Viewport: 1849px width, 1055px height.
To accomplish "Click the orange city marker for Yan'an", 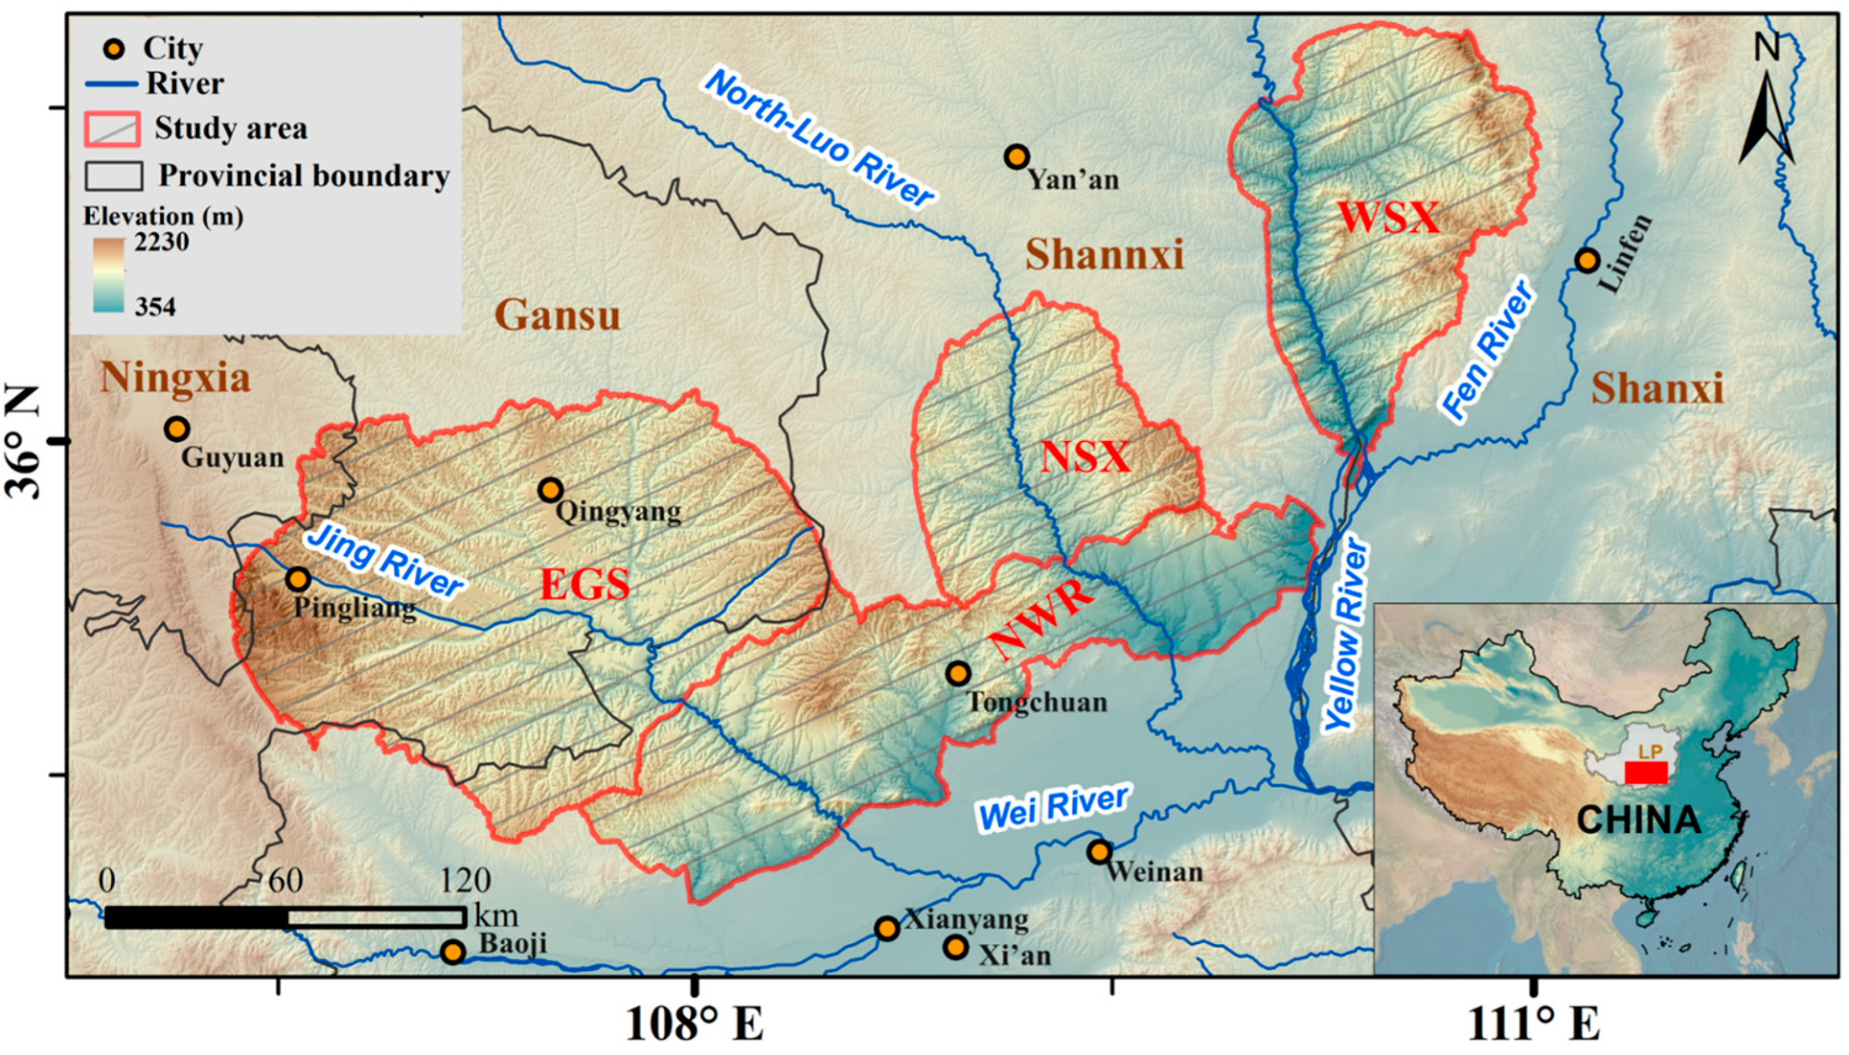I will tap(1017, 156).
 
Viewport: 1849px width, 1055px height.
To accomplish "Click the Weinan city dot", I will tap(1100, 851).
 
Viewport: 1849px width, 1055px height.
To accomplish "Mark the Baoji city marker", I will tap(453, 951).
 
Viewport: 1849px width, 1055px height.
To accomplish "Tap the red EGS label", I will tap(585, 585).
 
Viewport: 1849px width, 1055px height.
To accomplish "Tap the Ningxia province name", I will tap(175, 377).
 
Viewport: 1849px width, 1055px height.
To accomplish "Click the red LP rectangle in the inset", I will tap(1646, 772).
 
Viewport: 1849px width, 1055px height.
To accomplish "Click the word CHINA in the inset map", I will tap(1638, 821).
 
